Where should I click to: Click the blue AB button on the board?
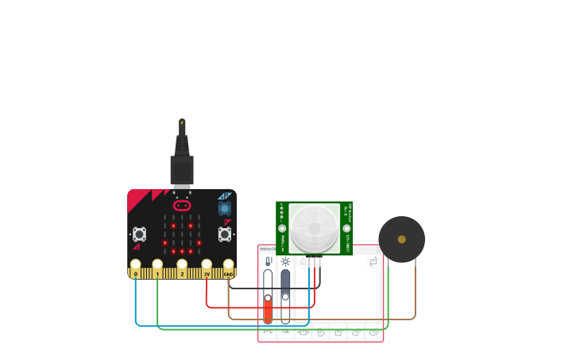click(225, 208)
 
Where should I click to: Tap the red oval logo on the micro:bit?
click(182, 205)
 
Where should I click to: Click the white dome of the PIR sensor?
click(314, 228)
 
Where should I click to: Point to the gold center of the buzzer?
click(402, 239)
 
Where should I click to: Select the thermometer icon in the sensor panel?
click(268, 261)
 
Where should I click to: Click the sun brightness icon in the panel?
click(285, 261)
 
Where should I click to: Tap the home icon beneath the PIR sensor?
click(303, 261)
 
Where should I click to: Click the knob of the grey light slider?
click(285, 296)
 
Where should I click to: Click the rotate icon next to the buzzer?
click(373, 261)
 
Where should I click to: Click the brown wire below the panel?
click(318, 319)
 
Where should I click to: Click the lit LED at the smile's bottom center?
click(182, 251)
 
